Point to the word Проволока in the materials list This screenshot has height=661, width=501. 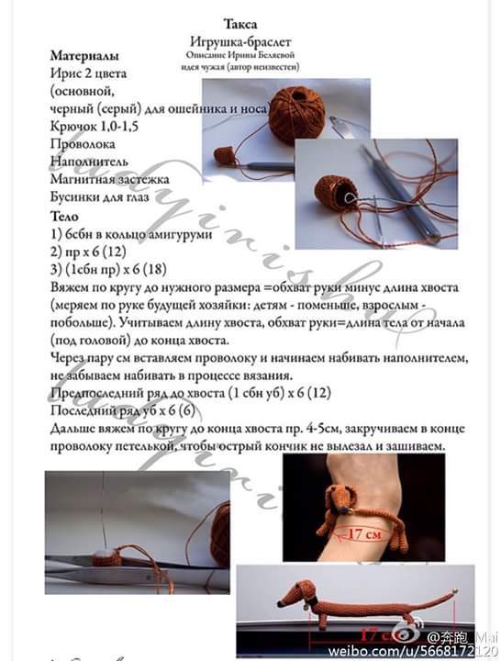click(x=83, y=144)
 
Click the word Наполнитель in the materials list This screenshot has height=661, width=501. click(x=88, y=162)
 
